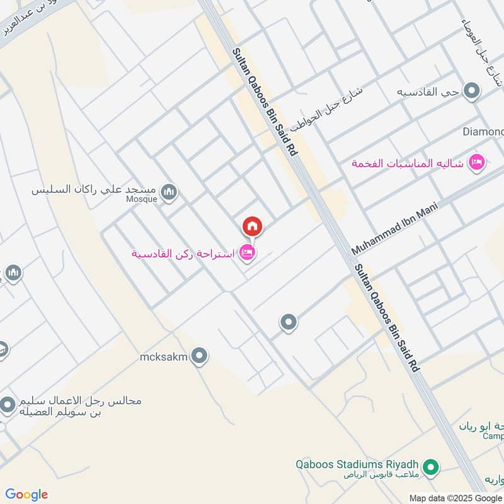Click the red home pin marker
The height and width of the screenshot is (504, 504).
[252, 226]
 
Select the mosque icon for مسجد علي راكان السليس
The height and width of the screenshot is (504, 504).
[168, 192]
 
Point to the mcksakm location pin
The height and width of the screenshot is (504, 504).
[199, 357]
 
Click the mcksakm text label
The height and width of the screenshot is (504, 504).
[164, 358]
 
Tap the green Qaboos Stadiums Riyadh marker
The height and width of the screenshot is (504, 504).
[431, 467]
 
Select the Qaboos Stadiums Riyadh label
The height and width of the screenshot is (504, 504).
[358, 464]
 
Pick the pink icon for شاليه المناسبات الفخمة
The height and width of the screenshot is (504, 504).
[477, 163]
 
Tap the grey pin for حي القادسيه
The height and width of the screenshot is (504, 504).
[471, 92]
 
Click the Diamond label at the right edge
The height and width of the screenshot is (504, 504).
[483, 132]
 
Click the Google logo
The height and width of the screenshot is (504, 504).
[26, 494]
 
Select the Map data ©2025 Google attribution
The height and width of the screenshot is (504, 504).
[455, 498]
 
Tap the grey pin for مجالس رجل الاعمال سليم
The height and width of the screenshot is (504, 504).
[8, 405]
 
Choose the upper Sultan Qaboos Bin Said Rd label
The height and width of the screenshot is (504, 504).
[265, 103]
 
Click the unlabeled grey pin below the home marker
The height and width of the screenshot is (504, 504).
[289, 323]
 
